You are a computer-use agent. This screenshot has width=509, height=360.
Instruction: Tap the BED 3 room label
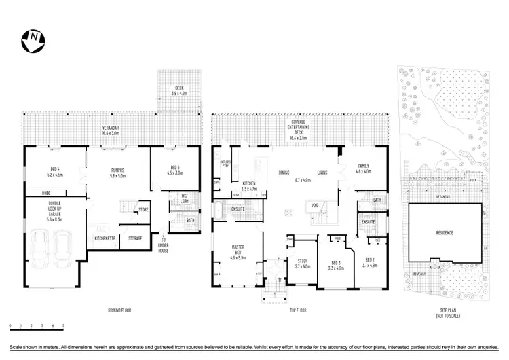(x=338, y=265)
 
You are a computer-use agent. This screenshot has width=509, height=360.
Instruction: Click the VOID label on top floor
(x=314, y=204)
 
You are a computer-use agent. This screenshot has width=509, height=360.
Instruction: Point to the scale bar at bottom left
(x=37, y=328)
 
